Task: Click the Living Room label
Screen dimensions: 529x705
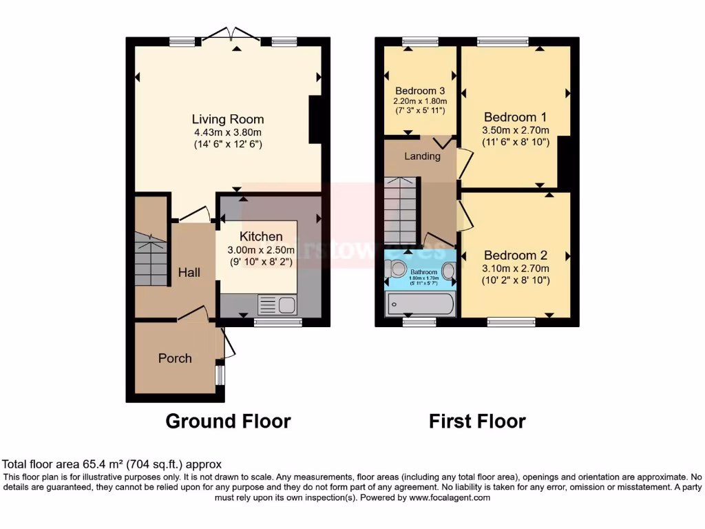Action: (x=227, y=119)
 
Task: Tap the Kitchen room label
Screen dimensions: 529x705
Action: (x=256, y=236)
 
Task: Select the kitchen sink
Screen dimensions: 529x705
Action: (x=275, y=304)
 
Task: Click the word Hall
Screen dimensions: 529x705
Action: (x=189, y=273)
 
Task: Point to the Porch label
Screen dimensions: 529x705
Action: (x=175, y=358)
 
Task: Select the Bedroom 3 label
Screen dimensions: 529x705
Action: (x=419, y=91)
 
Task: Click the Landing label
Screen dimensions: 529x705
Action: (x=422, y=156)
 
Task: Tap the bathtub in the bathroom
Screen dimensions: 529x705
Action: (x=420, y=303)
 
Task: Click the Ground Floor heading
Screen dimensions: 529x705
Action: (x=228, y=421)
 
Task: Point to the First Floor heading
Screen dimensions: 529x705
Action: (x=477, y=421)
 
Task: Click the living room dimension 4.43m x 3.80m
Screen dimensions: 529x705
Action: (x=227, y=132)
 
